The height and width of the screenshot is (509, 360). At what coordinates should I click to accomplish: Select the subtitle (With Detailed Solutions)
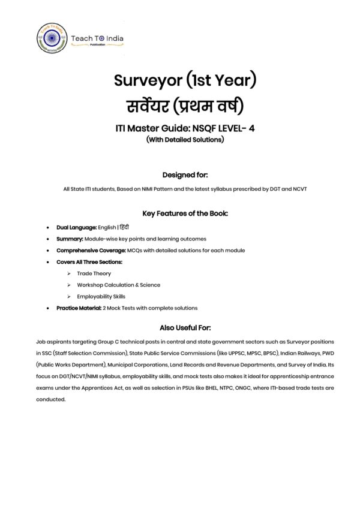coord(180,140)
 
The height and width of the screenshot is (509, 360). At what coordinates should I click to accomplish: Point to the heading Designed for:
coord(180,175)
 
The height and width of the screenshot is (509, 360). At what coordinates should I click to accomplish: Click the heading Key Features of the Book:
coord(180,213)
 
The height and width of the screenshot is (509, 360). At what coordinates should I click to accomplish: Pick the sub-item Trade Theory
coord(94,273)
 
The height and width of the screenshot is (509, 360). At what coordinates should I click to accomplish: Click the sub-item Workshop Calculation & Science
coord(118,285)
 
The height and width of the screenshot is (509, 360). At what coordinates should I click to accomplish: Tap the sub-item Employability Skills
coord(101,296)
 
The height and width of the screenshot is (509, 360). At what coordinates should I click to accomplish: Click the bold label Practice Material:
coord(80,308)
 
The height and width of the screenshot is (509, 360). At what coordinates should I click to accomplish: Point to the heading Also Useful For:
coord(180,327)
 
